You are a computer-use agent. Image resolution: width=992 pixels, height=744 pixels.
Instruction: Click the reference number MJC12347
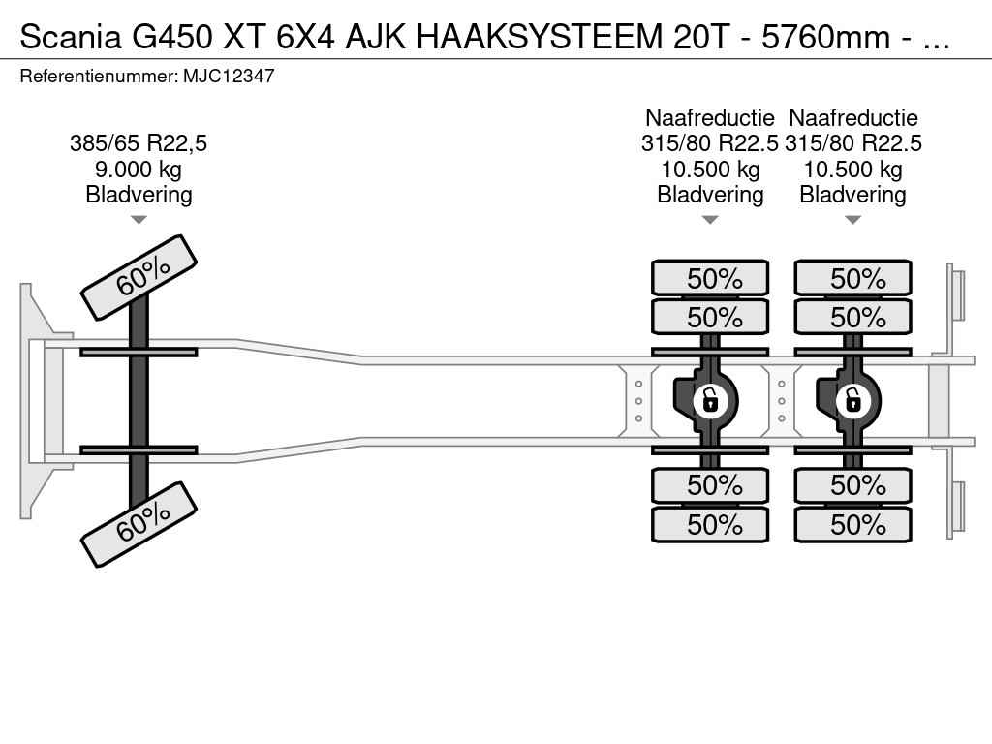[x=229, y=76]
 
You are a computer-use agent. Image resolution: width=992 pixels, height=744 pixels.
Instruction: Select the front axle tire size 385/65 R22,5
[x=139, y=143]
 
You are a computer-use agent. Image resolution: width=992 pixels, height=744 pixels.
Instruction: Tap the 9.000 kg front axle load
[x=139, y=170]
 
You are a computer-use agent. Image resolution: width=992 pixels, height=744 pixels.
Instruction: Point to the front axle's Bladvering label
[x=139, y=195]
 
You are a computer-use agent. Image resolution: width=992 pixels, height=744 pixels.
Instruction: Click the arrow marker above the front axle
[x=139, y=220]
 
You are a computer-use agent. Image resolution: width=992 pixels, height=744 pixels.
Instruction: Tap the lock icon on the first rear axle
[x=710, y=399]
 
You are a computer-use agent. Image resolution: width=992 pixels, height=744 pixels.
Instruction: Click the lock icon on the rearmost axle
[x=852, y=399]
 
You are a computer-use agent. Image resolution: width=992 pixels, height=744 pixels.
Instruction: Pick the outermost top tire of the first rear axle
[x=710, y=279]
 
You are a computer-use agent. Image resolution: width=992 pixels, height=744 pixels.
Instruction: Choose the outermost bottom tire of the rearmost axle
[x=852, y=525]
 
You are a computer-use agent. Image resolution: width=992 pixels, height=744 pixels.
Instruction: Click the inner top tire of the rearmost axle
[x=852, y=318]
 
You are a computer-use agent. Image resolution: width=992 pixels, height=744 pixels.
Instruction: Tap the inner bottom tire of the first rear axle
[x=710, y=485]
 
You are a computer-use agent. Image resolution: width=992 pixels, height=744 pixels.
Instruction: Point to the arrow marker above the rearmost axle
[x=852, y=220]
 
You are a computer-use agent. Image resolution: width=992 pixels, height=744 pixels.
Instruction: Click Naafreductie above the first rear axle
[x=710, y=118]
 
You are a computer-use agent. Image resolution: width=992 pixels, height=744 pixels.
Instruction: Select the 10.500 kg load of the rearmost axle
[x=852, y=170]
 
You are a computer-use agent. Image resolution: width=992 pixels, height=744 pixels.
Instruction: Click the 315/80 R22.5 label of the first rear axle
[x=710, y=143]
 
